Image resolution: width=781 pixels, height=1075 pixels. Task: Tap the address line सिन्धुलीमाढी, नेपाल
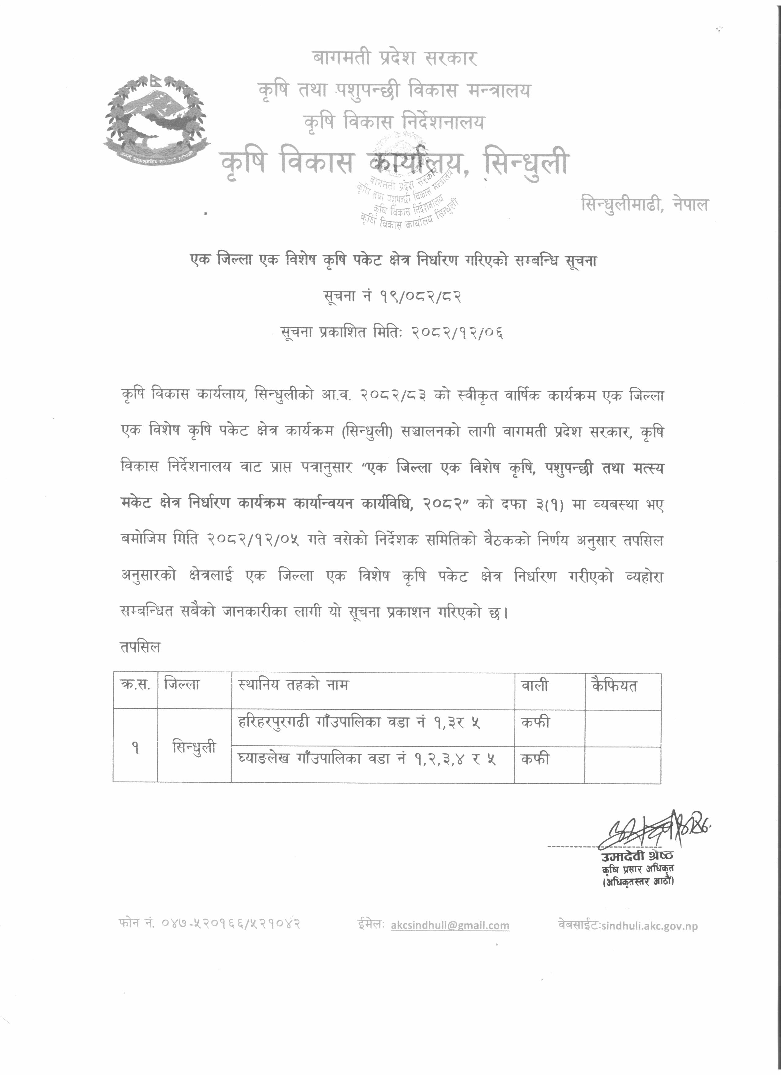(x=644, y=205)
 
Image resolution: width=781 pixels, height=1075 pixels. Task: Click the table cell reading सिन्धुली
(x=194, y=747)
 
